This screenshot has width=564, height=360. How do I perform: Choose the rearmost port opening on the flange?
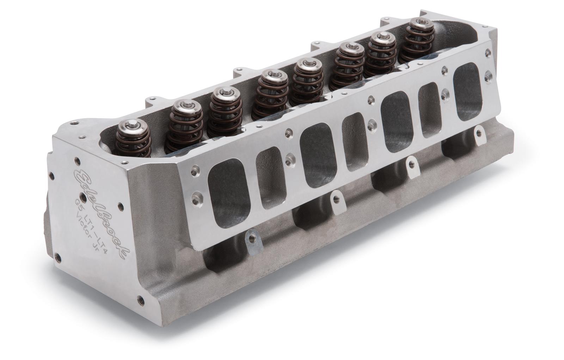tap(468, 88)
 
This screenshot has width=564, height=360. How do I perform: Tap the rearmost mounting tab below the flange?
tap(478, 133)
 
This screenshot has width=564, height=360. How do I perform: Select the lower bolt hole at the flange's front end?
tap(195, 202)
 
